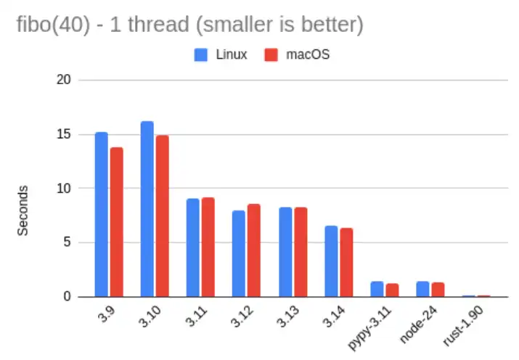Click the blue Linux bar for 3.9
[101, 215]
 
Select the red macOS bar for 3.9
[116, 222]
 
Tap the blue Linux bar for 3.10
[147, 209]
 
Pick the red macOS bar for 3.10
[162, 216]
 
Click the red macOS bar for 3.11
[208, 247]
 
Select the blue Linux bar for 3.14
[331, 261]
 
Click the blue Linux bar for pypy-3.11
[377, 289]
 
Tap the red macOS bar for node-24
[438, 290]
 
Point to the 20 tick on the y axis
[64, 80]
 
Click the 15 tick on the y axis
[64, 134]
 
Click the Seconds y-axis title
[23, 210]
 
